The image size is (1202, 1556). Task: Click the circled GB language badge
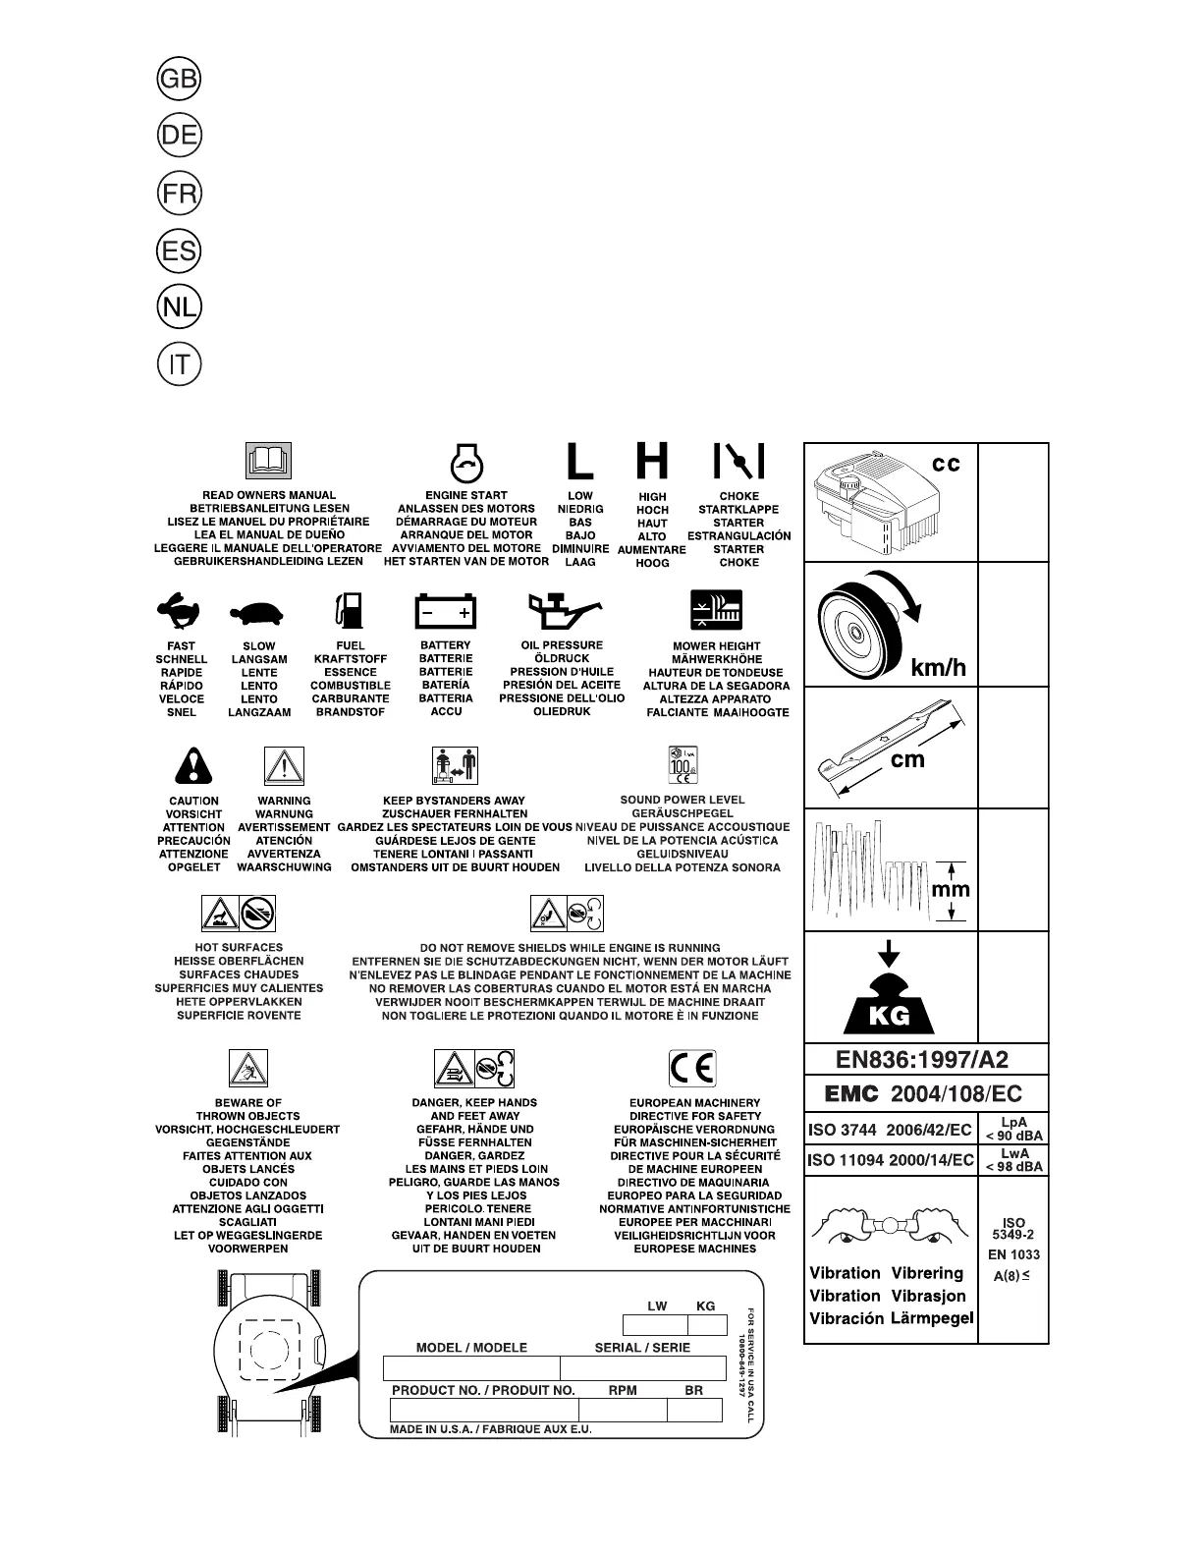coord(179,80)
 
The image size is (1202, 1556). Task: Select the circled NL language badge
coord(179,307)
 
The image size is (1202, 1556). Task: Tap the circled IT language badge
coord(179,365)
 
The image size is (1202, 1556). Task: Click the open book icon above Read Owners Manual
coord(268,461)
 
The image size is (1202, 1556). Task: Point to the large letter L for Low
coord(580,461)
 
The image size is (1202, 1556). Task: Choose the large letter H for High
coord(652,461)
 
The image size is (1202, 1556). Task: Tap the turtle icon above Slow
coord(258,614)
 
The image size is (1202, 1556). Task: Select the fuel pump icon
coord(350,610)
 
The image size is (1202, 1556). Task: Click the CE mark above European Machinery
coord(692,1067)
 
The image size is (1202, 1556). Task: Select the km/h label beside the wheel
coord(939,669)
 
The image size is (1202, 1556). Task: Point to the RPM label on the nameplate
coord(623,1390)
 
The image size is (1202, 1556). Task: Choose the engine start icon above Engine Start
coord(465,461)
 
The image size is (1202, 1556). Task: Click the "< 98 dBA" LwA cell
coord(1013,1166)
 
